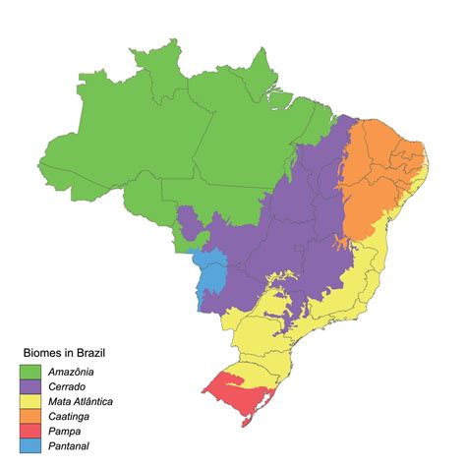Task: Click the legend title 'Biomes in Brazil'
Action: click(x=65, y=352)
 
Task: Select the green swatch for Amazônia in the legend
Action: click(x=29, y=372)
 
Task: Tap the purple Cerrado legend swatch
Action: click(x=29, y=387)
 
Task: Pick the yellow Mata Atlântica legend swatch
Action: click(x=29, y=402)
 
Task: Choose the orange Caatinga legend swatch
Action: click(x=29, y=417)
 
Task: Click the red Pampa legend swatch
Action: click(x=29, y=432)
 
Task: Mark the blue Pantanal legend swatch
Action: click(x=29, y=446)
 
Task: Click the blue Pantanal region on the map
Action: click(x=209, y=275)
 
